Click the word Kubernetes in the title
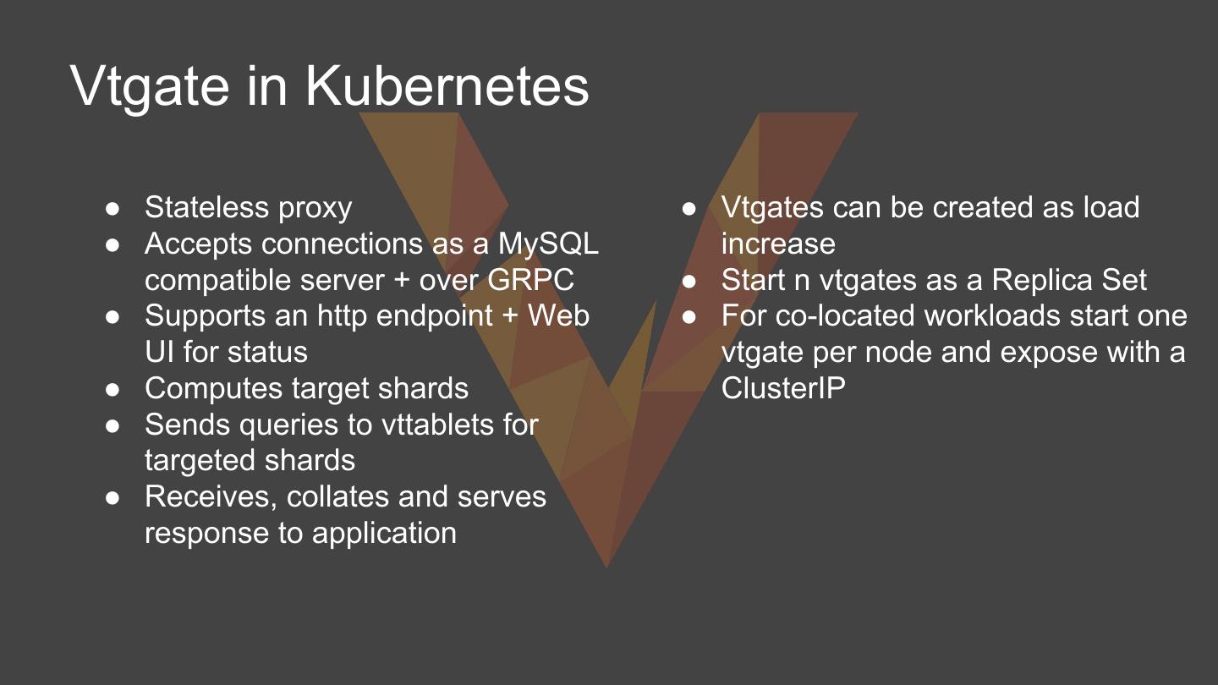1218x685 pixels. pos(446,86)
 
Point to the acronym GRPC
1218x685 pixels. pos(531,280)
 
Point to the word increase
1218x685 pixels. pos(778,244)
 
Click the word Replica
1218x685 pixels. pos(1044,280)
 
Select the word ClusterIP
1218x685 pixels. pos(783,388)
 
